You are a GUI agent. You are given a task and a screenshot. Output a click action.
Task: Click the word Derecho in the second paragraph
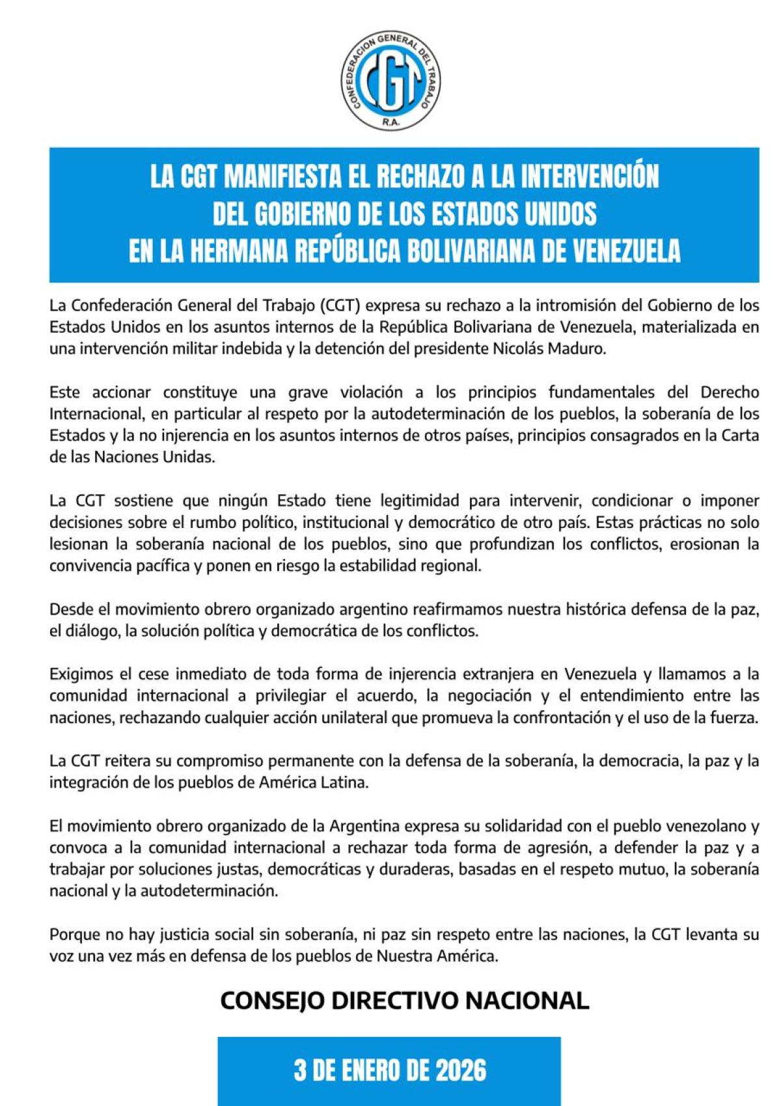[729, 393]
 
